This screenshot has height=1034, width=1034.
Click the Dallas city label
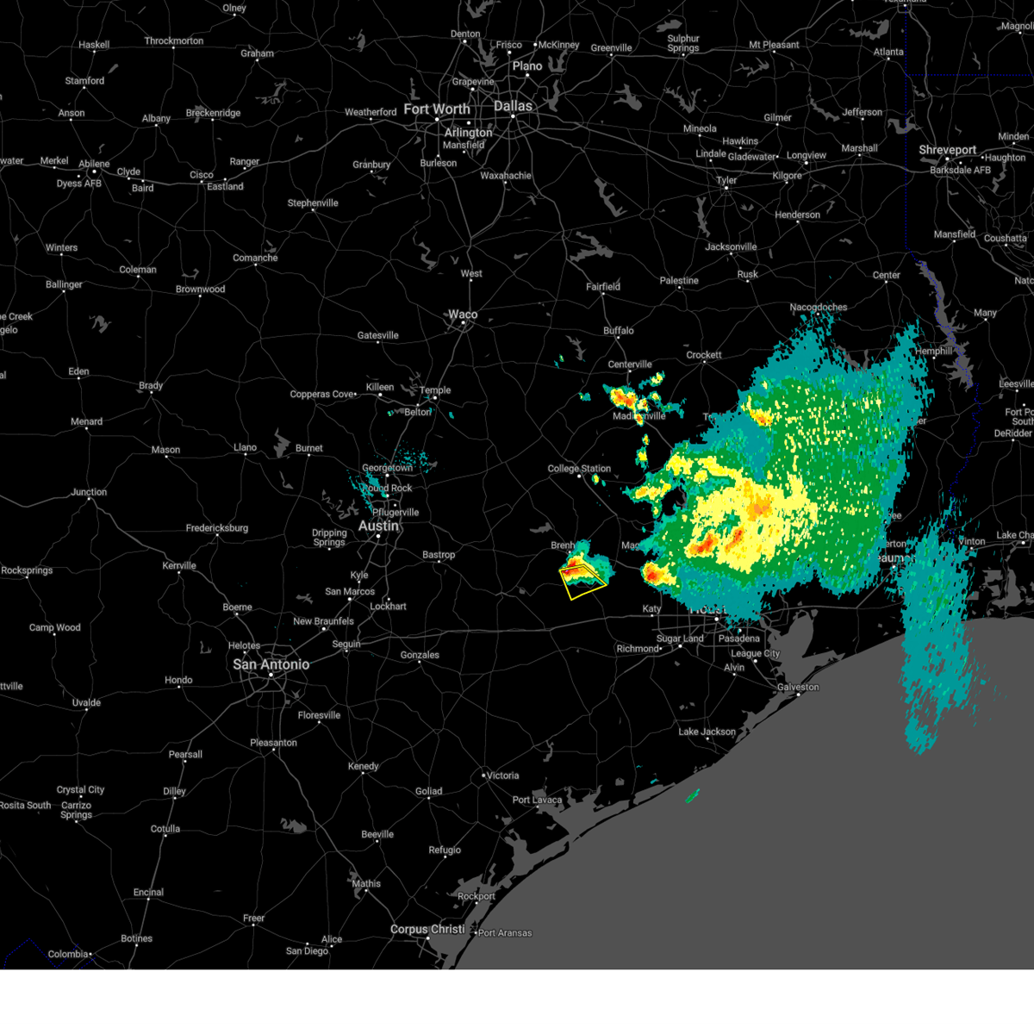point(513,106)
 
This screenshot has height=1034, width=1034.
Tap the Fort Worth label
point(437,109)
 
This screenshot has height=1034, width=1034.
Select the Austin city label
point(379,526)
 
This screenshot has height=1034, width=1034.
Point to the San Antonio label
point(271,664)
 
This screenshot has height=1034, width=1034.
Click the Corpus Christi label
point(427,930)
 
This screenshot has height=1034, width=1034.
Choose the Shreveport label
point(948,150)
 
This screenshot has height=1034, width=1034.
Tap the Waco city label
point(463,315)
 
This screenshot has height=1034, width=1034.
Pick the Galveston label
point(798,688)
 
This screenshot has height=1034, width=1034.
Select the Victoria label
point(502,775)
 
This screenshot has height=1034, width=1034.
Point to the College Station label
point(579,469)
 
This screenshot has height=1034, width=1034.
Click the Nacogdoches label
point(819,308)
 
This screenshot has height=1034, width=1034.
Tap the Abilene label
point(94,164)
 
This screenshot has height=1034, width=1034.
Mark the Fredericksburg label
point(216,528)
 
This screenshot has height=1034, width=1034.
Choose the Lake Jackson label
point(707,732)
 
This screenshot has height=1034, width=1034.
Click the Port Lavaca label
point(537,800)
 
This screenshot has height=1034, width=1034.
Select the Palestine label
point(679,281)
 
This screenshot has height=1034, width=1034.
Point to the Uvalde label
point(86,703)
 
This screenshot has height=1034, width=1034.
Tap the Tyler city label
point(726,181)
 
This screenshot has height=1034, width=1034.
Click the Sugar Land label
point(681,639)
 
